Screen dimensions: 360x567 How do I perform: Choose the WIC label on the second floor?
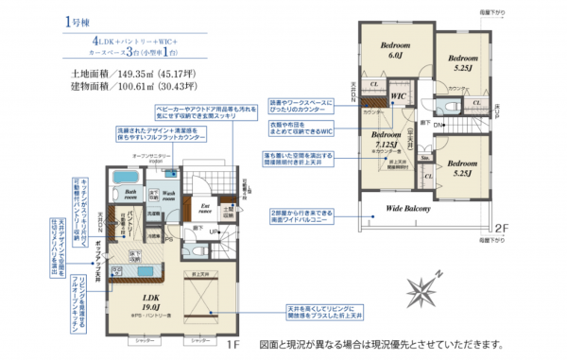coord(399,96)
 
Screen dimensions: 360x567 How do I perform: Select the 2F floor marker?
coord(499,228)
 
